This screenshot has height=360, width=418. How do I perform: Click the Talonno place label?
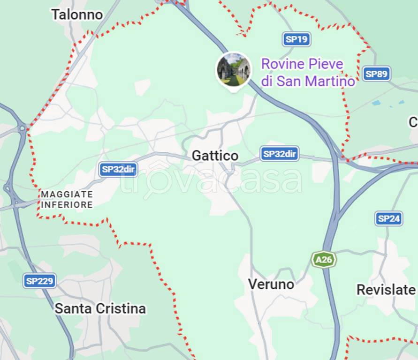click(77, 15)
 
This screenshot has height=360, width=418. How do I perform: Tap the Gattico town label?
click(215, 156)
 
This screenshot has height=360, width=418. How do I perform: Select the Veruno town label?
click(271, 284)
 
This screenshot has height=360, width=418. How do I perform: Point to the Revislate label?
click(386, 290)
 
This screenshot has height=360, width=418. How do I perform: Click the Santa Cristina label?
click(100, 308)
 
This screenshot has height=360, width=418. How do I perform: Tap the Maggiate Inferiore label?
click(67, 199)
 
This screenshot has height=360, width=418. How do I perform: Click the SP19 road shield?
click(297, 39)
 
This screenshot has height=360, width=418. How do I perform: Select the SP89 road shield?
click(376, 74)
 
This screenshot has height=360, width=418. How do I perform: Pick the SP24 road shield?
click(389, 218)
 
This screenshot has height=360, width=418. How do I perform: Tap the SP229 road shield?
click(40, 281)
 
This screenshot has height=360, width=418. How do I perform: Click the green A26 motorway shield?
click(324, 259)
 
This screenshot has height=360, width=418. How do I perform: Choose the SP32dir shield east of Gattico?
click(280, 154)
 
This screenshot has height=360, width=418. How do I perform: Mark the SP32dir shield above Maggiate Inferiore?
click(118, 169)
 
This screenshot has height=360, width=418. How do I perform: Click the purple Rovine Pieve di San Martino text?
click(308, 72)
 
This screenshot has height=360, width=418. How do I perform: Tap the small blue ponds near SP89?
click(387, 102)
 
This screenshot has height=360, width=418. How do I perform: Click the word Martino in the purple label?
click(330, 81)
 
